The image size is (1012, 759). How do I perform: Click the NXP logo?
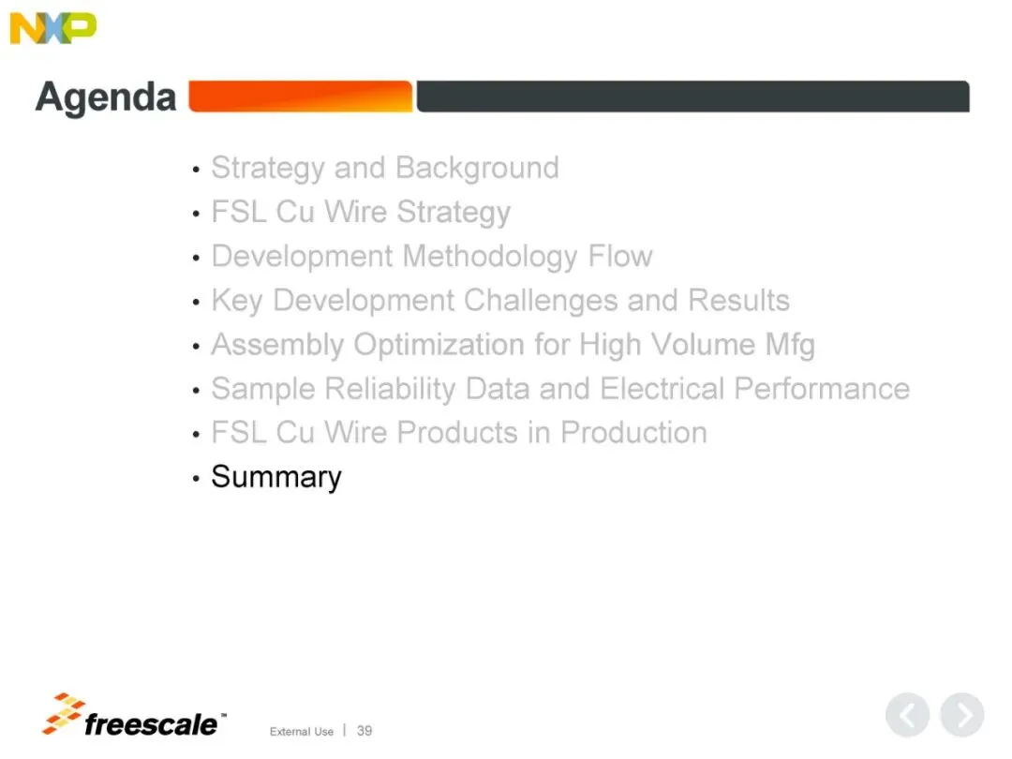click(x=52, y=28)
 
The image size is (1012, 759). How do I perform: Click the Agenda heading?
click(x=106, y=97)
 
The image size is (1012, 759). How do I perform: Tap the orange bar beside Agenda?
click(x=300, y=97)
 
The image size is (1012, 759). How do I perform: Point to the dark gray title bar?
click(x=692, y=97)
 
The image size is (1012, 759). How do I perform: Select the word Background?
click(x=477, y=168)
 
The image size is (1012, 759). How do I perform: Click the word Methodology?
click(x=490, y=257)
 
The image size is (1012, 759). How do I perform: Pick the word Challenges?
click(x=541, y=301)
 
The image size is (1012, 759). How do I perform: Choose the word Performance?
click(x=822, y=389)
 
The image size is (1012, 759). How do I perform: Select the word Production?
click(x=633, y=432)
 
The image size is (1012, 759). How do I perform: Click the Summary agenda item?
click(x=276, y=478)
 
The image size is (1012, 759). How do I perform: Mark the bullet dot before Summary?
click(x=196, y=479)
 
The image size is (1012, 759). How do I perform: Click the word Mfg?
click(x=790, y=345)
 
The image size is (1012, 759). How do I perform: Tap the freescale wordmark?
click(x=154, y=724)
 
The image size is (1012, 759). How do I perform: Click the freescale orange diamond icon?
click(x=63, y=713)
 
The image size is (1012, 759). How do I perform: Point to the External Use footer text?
click(x=302, y=731)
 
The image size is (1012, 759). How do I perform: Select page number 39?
click(x=365, y=731)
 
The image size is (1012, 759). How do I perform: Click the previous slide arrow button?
click(x=907, y=715)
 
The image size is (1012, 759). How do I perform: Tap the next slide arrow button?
click(x=962, y=715)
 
